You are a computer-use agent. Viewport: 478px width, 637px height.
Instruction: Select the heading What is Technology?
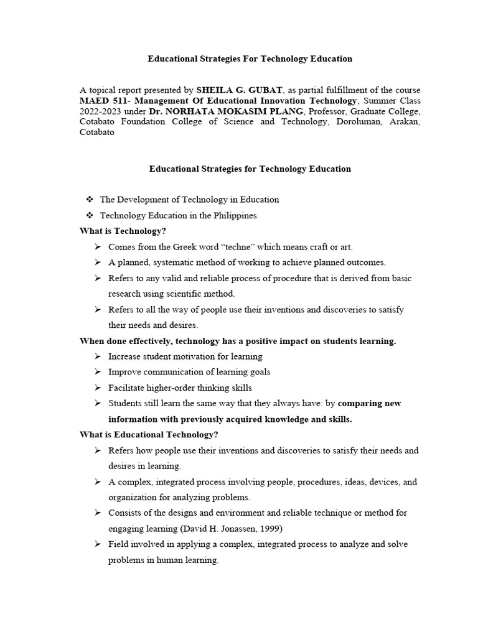pyautogui.click(x=123, y=231)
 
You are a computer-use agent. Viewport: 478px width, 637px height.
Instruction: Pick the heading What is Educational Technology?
pyautogui.click(x=149, y=434)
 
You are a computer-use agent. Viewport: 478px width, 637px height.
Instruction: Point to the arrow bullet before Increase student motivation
pyautogui.click(x=98, y=356)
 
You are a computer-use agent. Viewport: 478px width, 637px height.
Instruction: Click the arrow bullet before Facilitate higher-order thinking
pyautogui.click(x=98, y=388)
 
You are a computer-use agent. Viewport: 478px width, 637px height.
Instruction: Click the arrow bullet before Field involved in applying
pyautogui.click(x=98, y=544)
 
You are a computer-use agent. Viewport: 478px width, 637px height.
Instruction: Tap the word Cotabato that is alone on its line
pyautogui.click(x=97, y=133)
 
